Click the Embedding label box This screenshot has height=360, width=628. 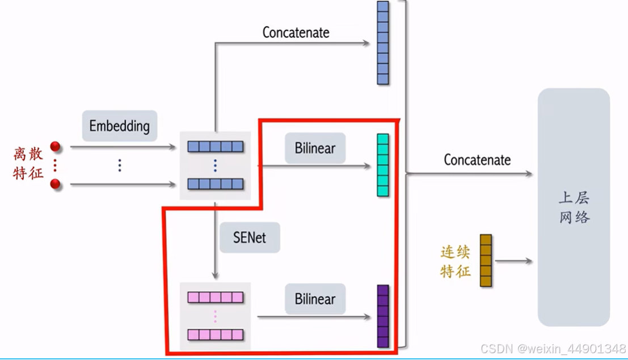[119, 126]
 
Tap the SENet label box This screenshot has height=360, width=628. [250, 237]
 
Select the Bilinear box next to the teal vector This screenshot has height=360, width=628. [315, 149]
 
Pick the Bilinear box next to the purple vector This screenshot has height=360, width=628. [315, 299]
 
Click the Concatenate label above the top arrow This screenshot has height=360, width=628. [296, 33]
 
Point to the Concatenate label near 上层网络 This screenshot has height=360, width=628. [477, 160]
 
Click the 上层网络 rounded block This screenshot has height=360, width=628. [574, 207]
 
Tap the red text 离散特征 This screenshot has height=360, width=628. [28, 163]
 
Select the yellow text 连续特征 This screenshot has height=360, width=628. [456, 261]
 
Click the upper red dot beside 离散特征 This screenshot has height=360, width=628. [55, 147]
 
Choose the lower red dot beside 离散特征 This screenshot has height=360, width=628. [55, 184]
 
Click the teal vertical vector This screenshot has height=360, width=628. [383, 165]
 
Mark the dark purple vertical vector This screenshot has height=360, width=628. [383, 316]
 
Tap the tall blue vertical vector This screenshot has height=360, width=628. [383, 43]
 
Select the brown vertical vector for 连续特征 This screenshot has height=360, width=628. [486, 260]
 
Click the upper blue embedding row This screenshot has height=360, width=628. [215, 147]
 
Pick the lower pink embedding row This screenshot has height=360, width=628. [215, 334]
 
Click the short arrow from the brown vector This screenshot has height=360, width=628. [513, 261]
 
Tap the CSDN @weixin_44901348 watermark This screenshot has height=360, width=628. [553, 348]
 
